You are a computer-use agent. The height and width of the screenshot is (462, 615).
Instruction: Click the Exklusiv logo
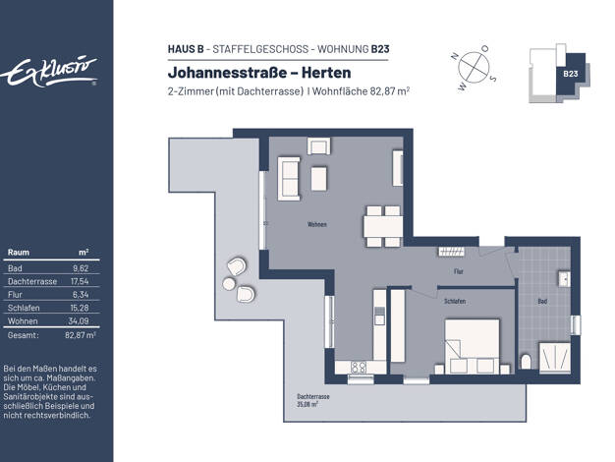click(x=49, y=72)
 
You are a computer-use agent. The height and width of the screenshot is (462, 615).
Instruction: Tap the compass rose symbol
click(x=474, y=67)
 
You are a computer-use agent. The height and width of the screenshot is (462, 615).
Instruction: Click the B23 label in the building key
click(x=570, y=74)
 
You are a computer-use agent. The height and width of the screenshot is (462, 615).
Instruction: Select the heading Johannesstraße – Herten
click(x=259, y=73)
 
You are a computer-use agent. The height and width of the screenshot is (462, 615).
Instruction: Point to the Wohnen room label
click(x=317, y=224)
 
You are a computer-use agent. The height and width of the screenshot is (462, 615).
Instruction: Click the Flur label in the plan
click(x=458, y=271)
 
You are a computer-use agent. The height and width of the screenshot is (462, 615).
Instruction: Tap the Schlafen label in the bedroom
click(x=455, y=301)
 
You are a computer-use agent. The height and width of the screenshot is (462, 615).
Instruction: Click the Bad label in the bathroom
click(x=542, y=302)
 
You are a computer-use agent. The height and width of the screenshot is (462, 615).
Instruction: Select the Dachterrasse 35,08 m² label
click(x=313, y=400)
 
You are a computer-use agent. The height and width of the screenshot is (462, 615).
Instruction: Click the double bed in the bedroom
click(x=473, y=347)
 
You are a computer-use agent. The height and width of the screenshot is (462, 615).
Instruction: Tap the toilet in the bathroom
click(x=526, y=362)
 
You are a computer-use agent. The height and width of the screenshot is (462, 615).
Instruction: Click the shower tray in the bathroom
click(x=555, y=358)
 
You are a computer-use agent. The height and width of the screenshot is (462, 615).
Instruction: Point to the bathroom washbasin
click(x=565, y=279)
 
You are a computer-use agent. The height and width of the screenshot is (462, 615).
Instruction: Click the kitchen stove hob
click(x=359, y=368)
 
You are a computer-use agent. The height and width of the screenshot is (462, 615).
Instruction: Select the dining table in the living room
click(x=383, y=226)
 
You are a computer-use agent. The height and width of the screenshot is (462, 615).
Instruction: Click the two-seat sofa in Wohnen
click(x=289, y=179)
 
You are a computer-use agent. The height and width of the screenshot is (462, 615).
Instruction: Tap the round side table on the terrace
click(x=229, y=283)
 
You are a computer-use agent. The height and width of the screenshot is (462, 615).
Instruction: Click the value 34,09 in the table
click(x=79, y=320)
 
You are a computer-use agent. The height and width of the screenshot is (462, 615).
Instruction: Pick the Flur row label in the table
click(x=15, y=294)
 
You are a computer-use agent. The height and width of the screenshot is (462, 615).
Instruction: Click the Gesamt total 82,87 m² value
click(x=81, y=335)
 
